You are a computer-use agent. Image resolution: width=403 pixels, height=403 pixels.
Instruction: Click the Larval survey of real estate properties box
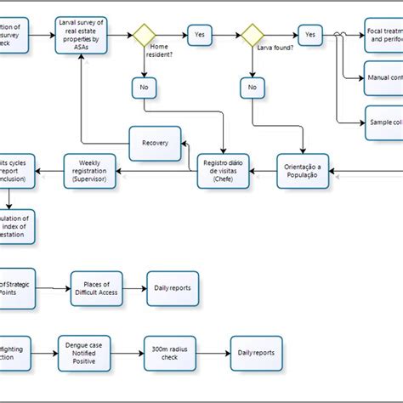(82, 36)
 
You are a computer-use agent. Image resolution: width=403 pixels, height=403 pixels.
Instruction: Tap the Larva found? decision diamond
(253, 36)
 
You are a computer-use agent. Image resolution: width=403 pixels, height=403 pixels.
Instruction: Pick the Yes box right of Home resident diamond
(199, 36)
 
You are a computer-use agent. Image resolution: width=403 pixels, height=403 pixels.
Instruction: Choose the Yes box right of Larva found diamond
(310, 36)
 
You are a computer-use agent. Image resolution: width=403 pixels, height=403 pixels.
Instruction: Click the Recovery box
(156, 142)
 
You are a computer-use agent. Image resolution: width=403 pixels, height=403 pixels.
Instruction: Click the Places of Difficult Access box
(96, 288)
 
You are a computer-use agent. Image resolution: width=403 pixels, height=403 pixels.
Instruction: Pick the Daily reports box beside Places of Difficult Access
(173, 288)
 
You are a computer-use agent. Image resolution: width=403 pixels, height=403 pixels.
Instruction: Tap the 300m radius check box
(170, 352)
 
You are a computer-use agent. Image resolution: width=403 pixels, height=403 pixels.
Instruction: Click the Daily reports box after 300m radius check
(255, 352)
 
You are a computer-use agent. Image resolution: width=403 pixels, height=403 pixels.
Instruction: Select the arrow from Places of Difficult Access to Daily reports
(134, 288)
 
